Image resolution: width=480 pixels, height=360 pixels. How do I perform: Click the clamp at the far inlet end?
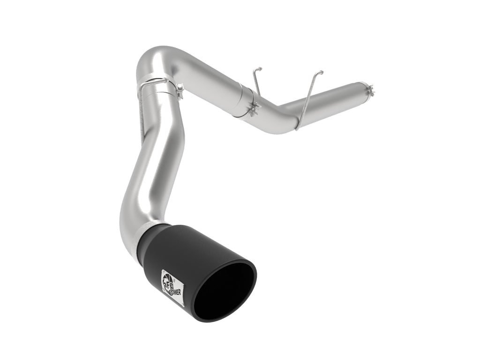click(370, 90)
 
